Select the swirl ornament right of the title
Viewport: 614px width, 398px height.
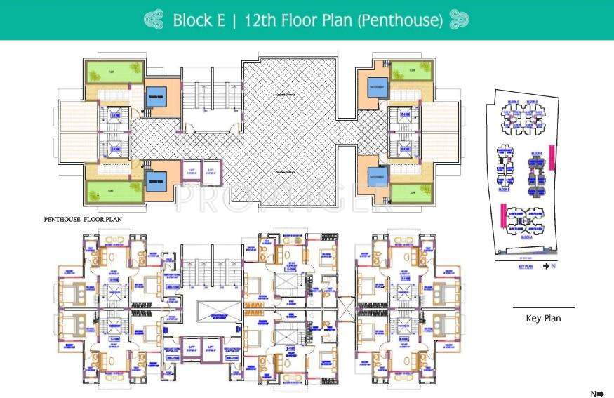pos(459,20)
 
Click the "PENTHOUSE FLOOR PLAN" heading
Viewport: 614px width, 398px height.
pos(83,220)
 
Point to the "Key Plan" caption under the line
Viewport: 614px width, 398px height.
pos(543,318)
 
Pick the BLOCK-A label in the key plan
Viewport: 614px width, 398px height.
pos(526,237)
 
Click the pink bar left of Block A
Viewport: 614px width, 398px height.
pos(502,214)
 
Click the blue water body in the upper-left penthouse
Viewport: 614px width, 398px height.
pos(154,100)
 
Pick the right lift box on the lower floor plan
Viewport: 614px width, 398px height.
pos(209,345)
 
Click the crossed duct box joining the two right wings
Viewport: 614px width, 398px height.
pos(346,307)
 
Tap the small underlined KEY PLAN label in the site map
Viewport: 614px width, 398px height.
pos(526,267)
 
